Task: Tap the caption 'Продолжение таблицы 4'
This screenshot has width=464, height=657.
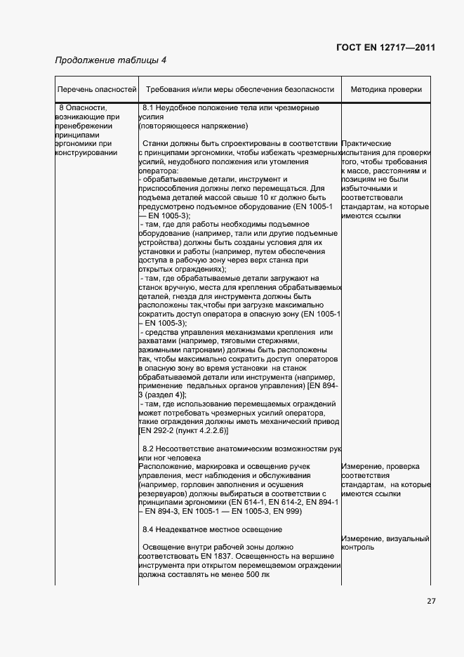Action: tap(111, 60)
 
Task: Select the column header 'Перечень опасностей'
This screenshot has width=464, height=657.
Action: tap(97, 90)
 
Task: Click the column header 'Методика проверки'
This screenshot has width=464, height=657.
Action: tap(386, 90)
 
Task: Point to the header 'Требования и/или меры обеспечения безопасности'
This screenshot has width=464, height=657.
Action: tap(239, 90)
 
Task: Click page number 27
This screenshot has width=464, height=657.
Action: tap(431, 600)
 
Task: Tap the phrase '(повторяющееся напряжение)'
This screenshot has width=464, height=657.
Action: tap(193, 126)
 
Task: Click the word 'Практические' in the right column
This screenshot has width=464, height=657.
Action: tap(366, 143)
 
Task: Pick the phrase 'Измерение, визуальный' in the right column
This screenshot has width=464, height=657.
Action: tap(385, 538)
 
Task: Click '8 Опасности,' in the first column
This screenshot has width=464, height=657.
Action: tap(82, 108)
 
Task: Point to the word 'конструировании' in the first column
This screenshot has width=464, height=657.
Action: tap(88, 153)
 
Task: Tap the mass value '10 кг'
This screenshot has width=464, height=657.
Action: tap(267, 198)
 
